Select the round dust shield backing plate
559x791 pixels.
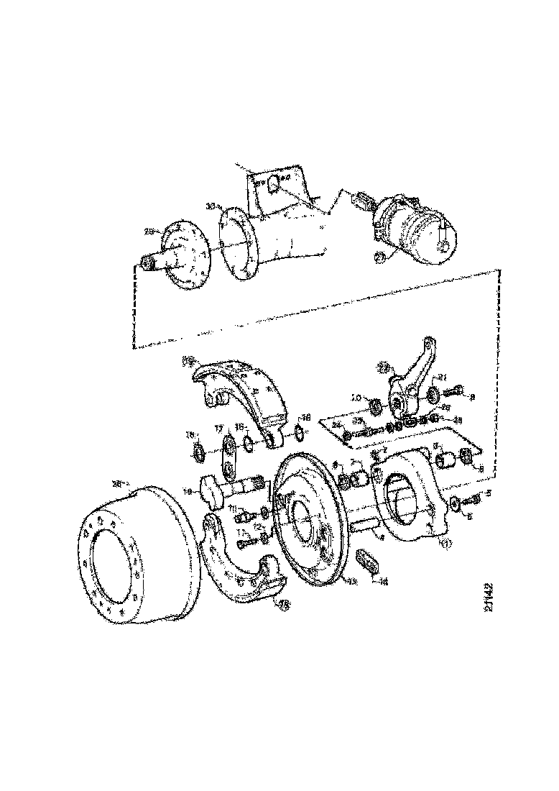(309, 518)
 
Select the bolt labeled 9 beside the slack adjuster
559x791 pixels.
(458, 393)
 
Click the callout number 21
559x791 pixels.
(443, 377)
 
